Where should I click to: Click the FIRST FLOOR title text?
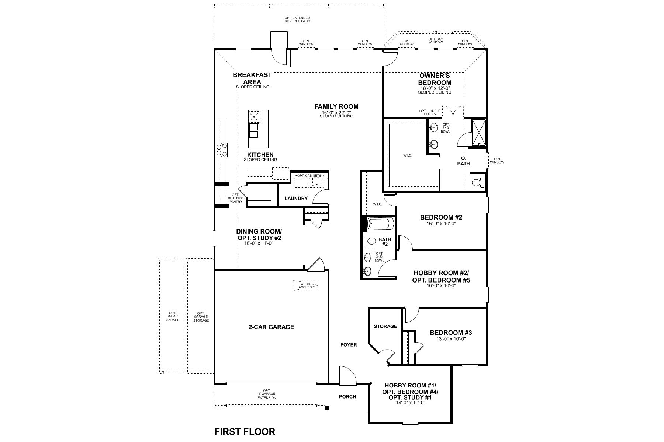click(x=245, y=431)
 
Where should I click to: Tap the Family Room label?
click(x=336, y=107)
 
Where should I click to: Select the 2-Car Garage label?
click(x=271, y=327)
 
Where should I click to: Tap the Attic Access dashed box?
click(x=305, y=285)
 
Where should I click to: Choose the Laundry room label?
click(x=296, y=198)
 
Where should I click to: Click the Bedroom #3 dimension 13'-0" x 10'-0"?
click(x=451, y=339)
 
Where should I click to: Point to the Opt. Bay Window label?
click(x=435, y=41)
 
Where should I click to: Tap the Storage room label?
click(x=385, y=326)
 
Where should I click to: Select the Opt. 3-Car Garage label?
click(x=172, y=316)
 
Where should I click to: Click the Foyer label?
click(x=348, y=345)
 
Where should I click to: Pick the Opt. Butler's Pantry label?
click(x=235, y=198)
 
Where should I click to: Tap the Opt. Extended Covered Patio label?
click(x=297, y=20)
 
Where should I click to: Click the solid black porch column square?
click(x=327, y=407)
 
